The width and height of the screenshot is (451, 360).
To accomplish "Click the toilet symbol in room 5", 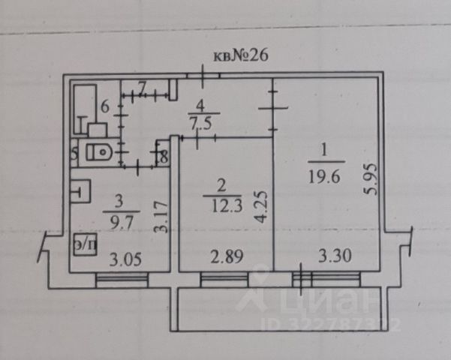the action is click(98, 152).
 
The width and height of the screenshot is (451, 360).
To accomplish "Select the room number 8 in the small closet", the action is click(164, 157).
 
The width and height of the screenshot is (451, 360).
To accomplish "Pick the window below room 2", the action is click(225, 280).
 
